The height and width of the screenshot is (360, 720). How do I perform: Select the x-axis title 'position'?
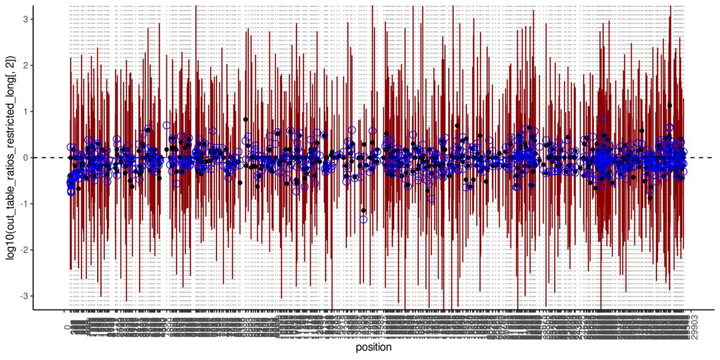click(x=373, y=347)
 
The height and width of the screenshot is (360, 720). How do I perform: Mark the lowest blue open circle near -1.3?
click(x=364, y=219)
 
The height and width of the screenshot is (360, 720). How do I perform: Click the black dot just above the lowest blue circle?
click(x=364, y=210)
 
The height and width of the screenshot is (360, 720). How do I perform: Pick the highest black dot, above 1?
click(x=670, y=106)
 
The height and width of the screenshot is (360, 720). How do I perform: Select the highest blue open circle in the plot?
click(x=604, y=119)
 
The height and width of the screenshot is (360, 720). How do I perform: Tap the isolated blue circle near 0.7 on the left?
click(x=166, y=125)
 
